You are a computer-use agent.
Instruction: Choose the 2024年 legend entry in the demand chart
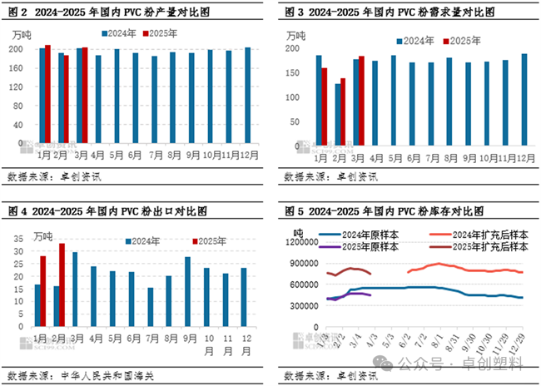tap(419, 41)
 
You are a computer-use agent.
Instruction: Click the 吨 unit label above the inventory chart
tap(298, 230)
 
